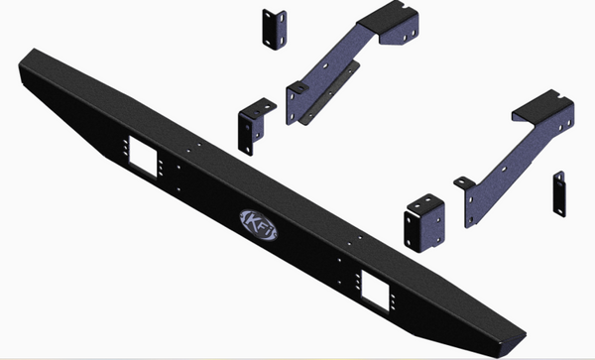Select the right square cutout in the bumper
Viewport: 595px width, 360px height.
[x=375, y=288]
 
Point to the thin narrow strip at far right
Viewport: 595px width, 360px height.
[x=560, y=193]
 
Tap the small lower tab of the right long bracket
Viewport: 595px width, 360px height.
[x=465, y=183]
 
